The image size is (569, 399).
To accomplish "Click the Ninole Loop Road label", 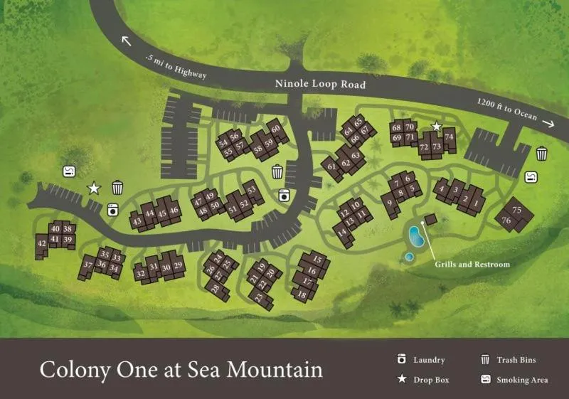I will pyautogui.click(x=320, y=85).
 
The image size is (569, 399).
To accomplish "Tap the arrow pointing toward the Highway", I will pyautogui.click(x=127, y=41).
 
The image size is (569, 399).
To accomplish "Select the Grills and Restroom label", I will pyautogui.click(x=472, y=264).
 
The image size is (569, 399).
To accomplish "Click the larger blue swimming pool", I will pyautogui.click(x=417, y=235).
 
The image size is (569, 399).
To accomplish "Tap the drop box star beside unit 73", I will pyautogui.click(x=437, y=127).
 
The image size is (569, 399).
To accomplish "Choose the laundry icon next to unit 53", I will pyautogui.click(x=284, y=194).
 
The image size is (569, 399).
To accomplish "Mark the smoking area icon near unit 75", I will pyautogui.click(x=531, y=176).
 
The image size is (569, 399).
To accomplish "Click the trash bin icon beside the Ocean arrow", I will pyautogui.click(x=541, y=153).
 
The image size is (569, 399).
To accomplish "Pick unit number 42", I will pyautogui.click(x=41, y=244).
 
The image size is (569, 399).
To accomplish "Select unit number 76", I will pyautogui.click(x=506, y=221).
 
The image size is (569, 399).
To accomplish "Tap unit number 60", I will pyautogui.click(x=275, y=129).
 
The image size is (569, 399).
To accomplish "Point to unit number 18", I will pyautogui.click(x=302, y=294).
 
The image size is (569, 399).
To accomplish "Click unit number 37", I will pyautogui.click(x=88, y=266).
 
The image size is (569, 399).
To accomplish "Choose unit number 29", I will pyautogui.click(x=179, y=265).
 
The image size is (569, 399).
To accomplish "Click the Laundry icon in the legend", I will pyautogui.click(x=402, y=360).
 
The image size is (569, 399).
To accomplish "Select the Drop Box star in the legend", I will pyautogui.click(x=402, y=379).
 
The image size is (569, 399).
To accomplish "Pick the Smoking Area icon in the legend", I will pyautogui.click(x=486, y=379).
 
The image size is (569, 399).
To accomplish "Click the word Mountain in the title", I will pyautogui.click(x=278, y=370).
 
